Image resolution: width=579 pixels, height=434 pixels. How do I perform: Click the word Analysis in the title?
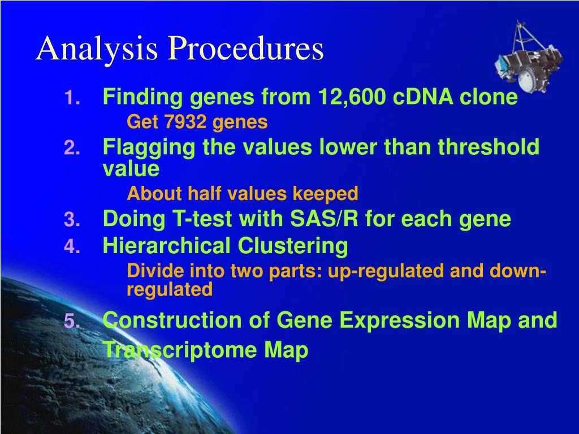[x=97, y=49]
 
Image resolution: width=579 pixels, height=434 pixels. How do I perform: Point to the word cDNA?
[x=423, y=97]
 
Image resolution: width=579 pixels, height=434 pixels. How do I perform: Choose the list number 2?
[x=72, y=149]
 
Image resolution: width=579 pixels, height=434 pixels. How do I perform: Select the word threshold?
[x=489, y=146]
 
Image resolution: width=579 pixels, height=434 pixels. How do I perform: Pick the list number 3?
[x=72, y=220]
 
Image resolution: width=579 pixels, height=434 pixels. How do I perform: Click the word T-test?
[x=202, y=219]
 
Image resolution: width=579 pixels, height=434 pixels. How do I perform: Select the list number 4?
[x=72, y=246]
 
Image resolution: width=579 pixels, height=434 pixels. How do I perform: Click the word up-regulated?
[x=385, y=272]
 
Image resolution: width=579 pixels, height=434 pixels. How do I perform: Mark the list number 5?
[x=72, y=321]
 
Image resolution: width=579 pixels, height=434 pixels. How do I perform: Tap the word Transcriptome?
[x=180, y=350]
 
